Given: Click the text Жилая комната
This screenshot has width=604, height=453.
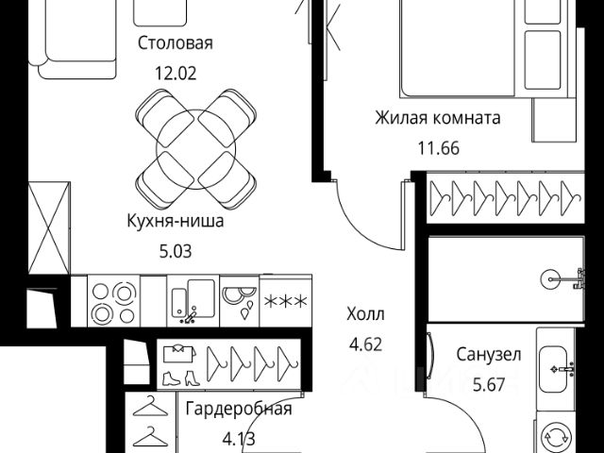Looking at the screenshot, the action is click(437, 118).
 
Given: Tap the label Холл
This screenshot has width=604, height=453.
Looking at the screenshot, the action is click(365, 314).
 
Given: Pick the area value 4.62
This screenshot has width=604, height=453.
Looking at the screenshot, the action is click(365, 344).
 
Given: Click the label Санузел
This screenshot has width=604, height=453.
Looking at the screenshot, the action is click(488, 356).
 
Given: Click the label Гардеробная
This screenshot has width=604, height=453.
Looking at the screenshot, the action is click(238, 409).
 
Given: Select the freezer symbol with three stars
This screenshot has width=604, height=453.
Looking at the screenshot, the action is click(285, 301).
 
